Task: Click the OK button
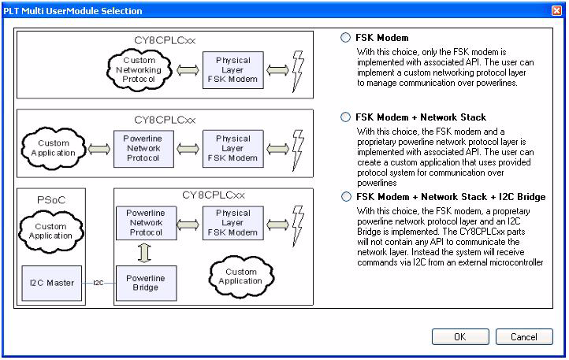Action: click(460, 337)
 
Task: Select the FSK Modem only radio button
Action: click(345, 38)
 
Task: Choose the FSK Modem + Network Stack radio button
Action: click(345, 117)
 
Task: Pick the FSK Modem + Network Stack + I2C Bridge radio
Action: click(345, 197)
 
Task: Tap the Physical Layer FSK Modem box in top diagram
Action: click(233, 70)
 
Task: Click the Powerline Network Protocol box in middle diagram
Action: click(143, 148)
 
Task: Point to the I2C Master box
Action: click(50, 283)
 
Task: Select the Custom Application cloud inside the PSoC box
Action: click(50, 231)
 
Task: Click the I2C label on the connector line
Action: click(99, 283)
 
